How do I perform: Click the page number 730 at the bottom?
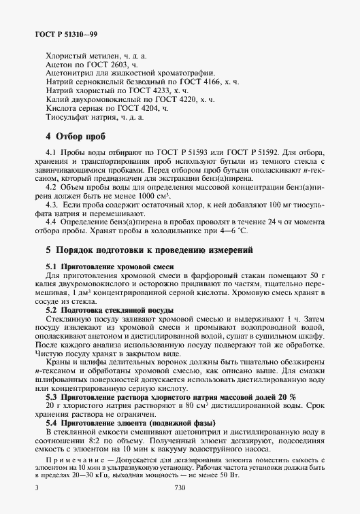point(180,487)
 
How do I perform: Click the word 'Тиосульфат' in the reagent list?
point(69,117)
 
